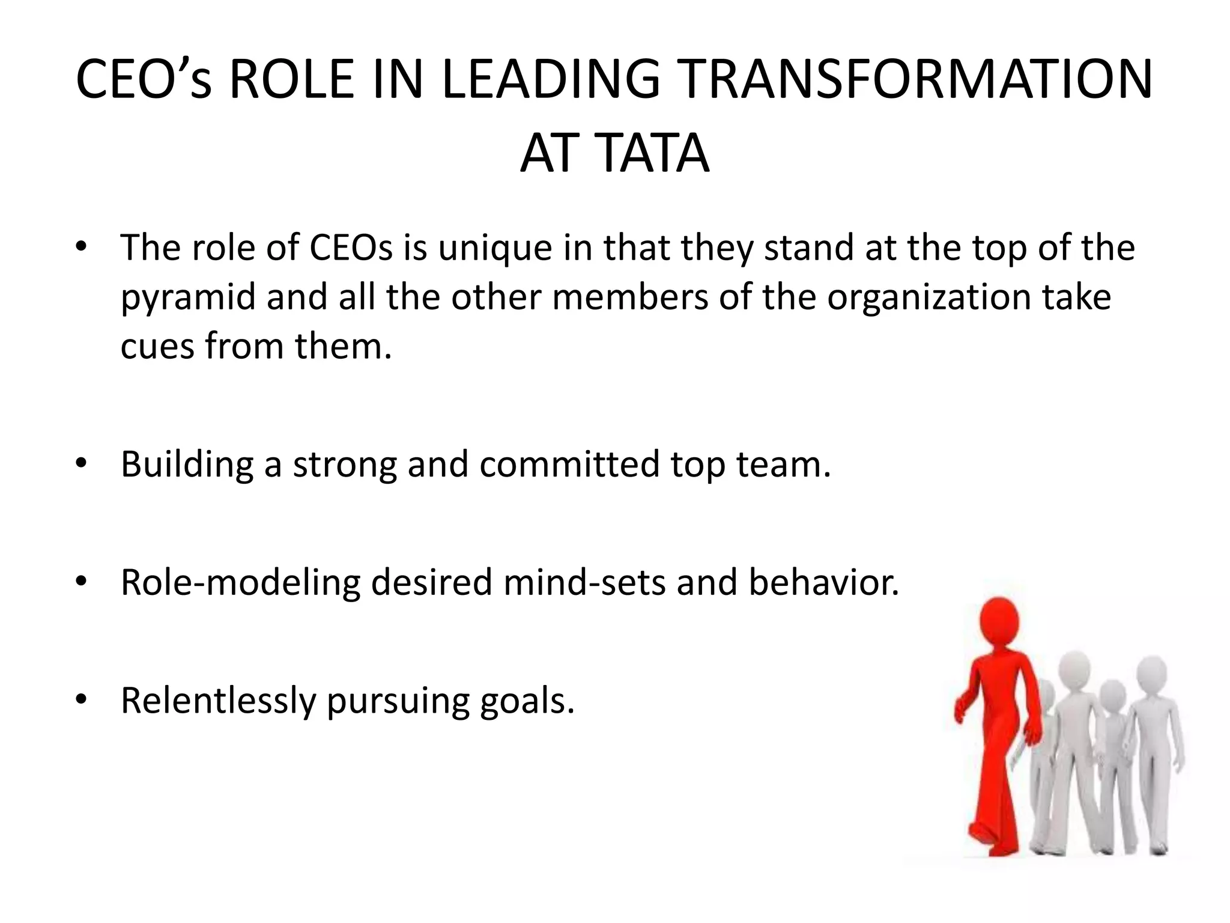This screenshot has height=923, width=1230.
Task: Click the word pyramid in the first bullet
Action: [188, 298]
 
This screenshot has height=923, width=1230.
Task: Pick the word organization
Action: [929, 298]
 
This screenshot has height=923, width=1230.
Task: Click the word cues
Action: [157, 347]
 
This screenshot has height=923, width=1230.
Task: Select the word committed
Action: [569, 465]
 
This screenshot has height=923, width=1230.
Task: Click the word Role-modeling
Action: [240, 583]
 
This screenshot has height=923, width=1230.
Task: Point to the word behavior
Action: [823, 583]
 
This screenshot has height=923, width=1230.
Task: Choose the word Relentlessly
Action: [218, 701]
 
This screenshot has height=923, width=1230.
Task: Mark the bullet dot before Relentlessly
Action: [82, 699]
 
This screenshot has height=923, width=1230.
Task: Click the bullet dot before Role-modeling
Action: [82, 582]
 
